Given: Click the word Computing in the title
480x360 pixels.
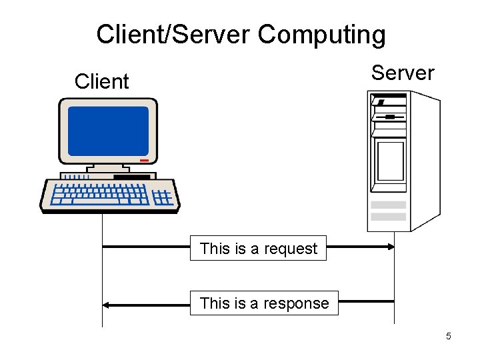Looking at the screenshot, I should pos(321,35).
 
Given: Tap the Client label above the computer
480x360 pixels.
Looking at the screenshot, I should pos(101,82).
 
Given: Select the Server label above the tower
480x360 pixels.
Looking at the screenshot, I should pos(403,73).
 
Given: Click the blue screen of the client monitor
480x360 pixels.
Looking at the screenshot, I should pos(108,131).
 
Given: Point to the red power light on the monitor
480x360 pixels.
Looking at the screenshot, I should pos(144,160).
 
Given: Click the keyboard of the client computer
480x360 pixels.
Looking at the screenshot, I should pos(100,195).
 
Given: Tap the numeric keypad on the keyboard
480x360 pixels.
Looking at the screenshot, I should pos(162,197).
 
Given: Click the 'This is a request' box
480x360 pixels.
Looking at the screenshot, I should pos(259,249).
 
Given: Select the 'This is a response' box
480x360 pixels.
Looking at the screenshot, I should pos(264,303).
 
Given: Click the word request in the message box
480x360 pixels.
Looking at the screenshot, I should pos(291,249).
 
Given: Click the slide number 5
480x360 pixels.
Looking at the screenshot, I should pos(448,336).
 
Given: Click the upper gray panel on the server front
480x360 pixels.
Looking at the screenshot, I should pos(388,205).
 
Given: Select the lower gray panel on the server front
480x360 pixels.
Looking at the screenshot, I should pos(388,217).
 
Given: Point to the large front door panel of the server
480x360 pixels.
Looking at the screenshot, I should pos(391,161).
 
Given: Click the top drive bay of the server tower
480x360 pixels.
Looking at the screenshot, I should pos(389,102).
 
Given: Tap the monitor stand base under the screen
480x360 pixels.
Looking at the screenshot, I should pos(107,170).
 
